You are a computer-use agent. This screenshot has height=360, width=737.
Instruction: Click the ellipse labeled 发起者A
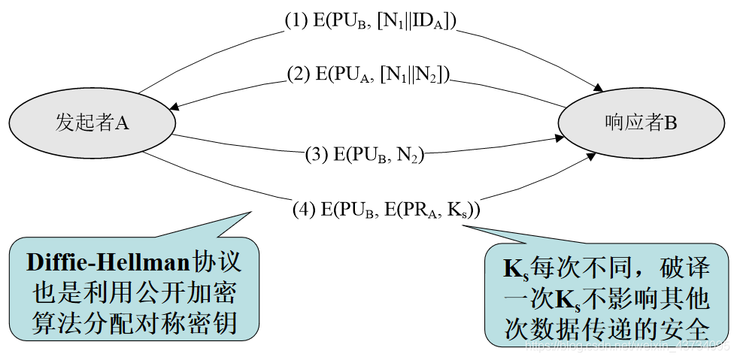[x=93, y=122]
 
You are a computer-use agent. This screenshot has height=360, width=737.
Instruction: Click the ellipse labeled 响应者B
[x=641, y=122]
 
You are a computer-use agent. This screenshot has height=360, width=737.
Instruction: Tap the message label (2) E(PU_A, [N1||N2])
[x=368, y=74]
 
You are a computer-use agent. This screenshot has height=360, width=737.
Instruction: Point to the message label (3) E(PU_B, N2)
[x=365, y=155]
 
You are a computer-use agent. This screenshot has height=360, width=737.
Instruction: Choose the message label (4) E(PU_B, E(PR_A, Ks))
[x=387, y=210]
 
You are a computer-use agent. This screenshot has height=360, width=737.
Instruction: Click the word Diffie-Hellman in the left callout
[x=109, y=263]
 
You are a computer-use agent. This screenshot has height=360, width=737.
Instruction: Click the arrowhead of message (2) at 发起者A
[x=176, y=106]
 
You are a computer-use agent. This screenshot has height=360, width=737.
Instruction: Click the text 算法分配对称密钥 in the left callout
[x=135, y=322]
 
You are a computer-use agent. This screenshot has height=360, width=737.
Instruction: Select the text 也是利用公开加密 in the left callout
[x=135, y=292]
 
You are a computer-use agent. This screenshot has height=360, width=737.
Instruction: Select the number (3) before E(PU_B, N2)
[x=315, y=155]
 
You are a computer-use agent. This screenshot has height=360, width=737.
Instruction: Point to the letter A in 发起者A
[x=123, y=123]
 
